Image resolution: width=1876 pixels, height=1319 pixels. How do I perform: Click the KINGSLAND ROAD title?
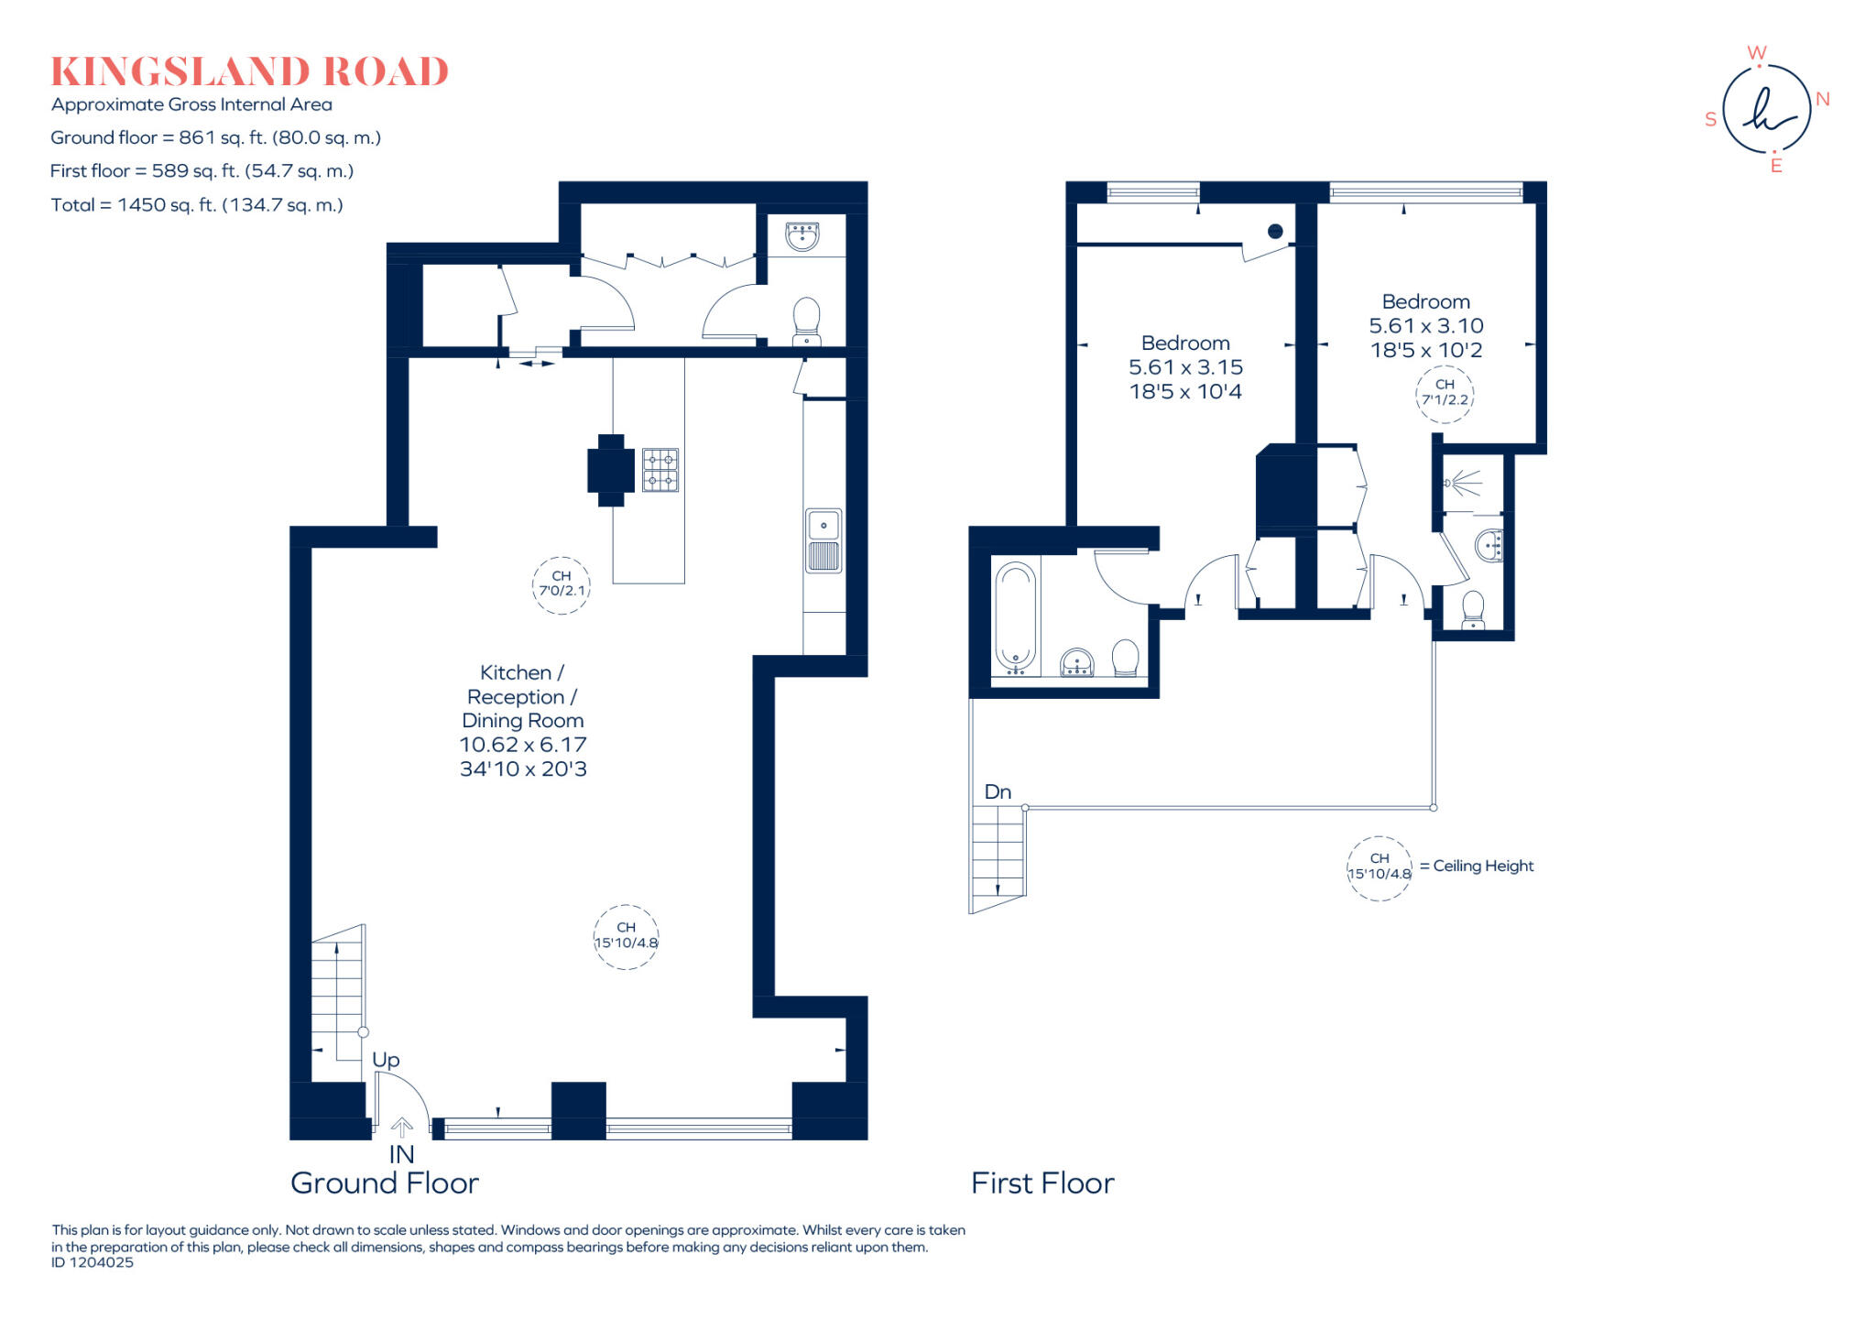[x=249, y=72]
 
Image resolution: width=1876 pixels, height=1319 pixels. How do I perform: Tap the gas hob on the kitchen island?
[x=660, y=470]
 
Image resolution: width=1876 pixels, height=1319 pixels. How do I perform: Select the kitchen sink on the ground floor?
[x=823, y=540]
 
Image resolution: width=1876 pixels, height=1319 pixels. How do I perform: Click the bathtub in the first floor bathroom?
[x=1015, y=616]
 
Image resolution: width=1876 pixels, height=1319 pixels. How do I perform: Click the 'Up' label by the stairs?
[x=386, y=1060]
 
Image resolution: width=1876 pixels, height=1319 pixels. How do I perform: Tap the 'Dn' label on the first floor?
[x=998, y=792]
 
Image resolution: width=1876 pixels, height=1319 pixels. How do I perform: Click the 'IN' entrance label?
[x=401, y=1155]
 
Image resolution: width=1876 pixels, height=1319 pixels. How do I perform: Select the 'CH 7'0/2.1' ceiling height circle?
[x=561, y=584]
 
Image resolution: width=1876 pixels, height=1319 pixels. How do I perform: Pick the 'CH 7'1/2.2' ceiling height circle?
[x=1445, y=393]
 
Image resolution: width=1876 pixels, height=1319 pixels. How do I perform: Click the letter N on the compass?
[x=1822, y=99]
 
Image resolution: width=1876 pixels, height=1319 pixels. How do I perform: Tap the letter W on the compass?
[x=1756, y=52]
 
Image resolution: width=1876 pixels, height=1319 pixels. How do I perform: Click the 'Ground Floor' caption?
[x=385, y=1183]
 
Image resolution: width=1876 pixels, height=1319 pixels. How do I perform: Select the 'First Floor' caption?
[x=1042, y=1183]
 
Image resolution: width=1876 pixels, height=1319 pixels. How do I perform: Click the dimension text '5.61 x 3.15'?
[x=1185, y=367]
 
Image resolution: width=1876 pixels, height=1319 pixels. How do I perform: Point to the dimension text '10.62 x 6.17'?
[x=523, y=745]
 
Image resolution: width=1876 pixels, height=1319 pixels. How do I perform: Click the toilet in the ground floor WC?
[x=806, y=319]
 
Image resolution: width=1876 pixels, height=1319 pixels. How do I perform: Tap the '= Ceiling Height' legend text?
[x=1477, y=866]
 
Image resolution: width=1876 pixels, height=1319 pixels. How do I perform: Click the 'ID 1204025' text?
[x=93, y=1262]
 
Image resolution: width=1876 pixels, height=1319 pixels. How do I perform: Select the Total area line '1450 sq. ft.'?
[x=197, y=205]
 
